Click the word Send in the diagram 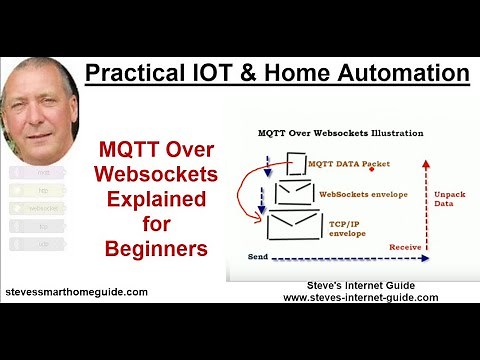tap(259, 258)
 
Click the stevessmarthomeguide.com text tap(75, 292)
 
